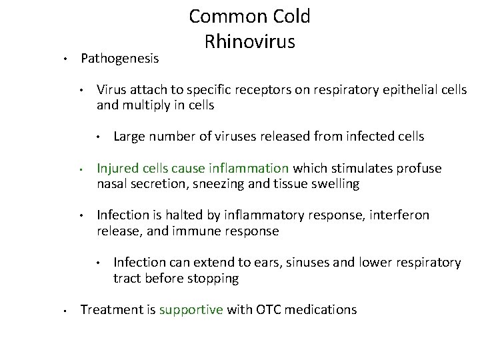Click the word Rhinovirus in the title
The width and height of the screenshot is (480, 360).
pyautogui.click(x=250, y=42)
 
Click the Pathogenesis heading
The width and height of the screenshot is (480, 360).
pyautogui.click(x=119, y=59)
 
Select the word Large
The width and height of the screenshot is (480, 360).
pyautogui.click(x=131, y=137)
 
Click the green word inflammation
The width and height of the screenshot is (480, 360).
pyautogui.click(x=248, y=169)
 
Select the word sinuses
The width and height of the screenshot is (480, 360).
pyautogui.click(x=310, y=263)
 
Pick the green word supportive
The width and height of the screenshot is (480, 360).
pyautogui.click(x=191, y=310)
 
